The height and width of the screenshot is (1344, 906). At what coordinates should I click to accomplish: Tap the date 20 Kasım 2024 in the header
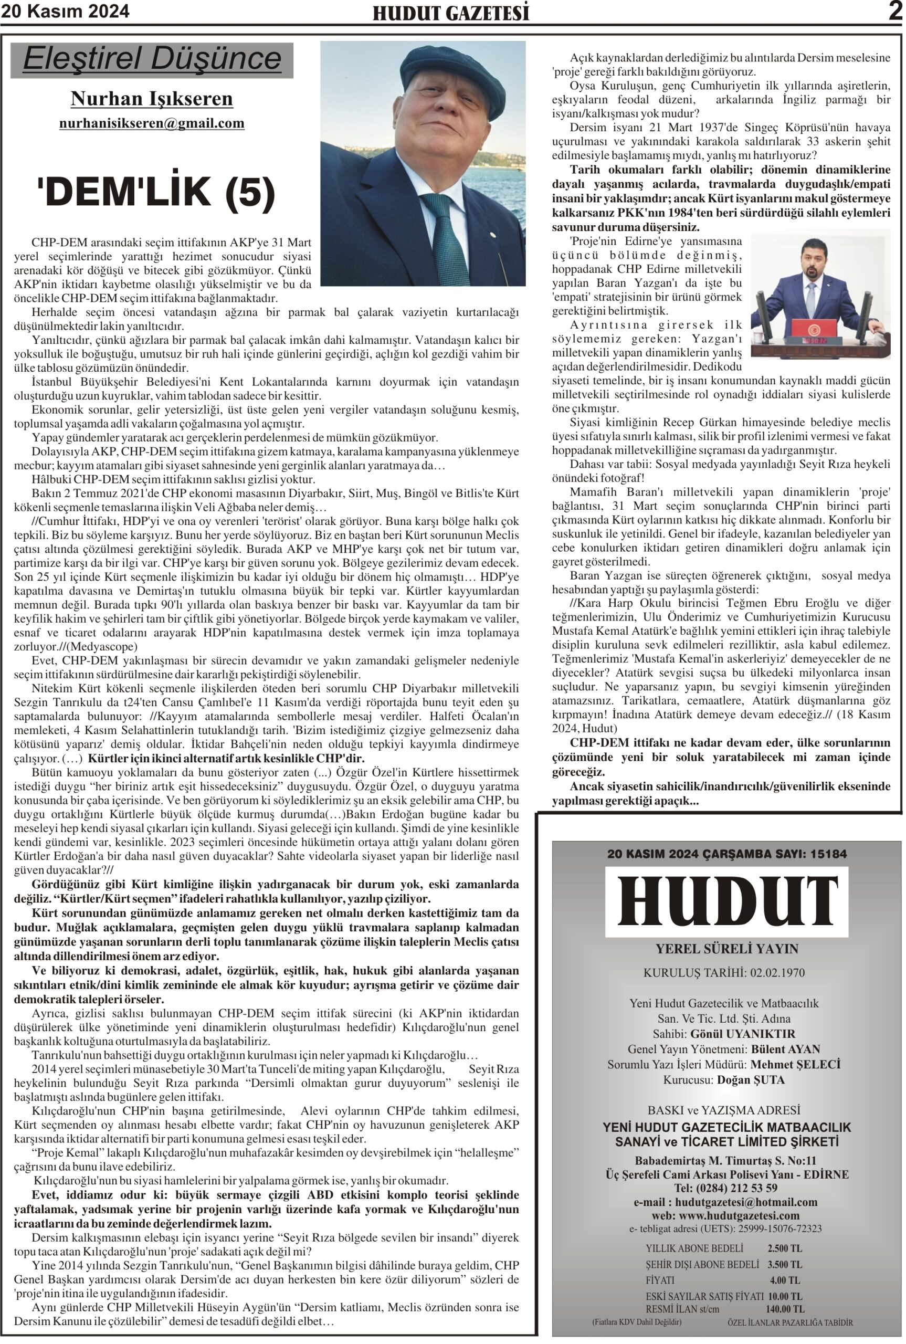tap(65, 12)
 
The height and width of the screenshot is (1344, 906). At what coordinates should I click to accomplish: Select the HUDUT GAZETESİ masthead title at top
tap(451, 13)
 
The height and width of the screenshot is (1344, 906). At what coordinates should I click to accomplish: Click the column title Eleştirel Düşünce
tap(152, 59)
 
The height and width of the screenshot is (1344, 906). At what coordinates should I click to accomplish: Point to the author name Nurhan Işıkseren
tap(152, 99)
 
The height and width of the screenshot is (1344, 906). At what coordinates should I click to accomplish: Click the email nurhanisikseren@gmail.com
tap(152, 123)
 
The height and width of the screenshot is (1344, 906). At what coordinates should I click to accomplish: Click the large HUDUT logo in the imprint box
tap(726, 902)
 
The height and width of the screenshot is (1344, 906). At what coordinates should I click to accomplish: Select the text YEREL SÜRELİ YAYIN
tap(726, 949)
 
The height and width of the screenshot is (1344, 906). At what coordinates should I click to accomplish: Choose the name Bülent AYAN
tap(785, 1049)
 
